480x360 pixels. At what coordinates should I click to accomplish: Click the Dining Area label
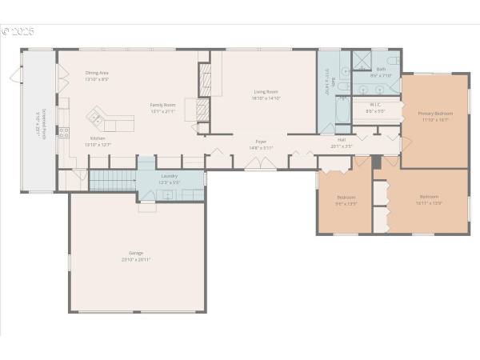click(97, 73)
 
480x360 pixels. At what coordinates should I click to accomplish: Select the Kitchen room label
click(97, 138)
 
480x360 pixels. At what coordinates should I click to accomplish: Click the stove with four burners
click(64, 133)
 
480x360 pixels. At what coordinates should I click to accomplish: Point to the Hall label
click(342, 140)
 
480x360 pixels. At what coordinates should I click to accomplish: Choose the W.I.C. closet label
click(374, 104)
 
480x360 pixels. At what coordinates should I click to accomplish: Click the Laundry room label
click(169, 175)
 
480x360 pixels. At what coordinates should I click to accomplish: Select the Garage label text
click(136, 253)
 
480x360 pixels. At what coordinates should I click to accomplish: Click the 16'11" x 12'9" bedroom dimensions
click(429, 203)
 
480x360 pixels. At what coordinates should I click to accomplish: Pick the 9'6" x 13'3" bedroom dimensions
click(346, 204)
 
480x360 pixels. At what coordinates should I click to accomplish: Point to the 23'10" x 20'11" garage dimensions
click(136, 260)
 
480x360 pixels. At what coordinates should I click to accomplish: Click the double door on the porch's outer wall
click(14, 76)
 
